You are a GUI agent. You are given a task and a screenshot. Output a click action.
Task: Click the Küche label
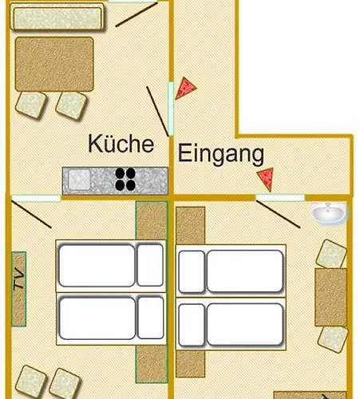coord(120,145)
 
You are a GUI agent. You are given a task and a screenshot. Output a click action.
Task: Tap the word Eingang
coord(221,154)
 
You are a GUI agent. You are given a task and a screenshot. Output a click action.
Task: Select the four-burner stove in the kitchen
coord(125,179)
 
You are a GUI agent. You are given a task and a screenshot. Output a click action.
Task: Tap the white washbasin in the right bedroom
coord(329,213)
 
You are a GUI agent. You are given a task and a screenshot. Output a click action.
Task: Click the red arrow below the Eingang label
coord(267,178)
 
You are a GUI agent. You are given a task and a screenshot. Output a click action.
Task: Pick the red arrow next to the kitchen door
coord(186,87)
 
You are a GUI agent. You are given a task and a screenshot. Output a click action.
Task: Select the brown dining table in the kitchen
coord(53,64)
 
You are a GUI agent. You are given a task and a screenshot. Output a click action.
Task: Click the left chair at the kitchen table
coord(32,104)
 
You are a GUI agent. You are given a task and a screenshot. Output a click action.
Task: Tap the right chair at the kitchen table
coord(71,104)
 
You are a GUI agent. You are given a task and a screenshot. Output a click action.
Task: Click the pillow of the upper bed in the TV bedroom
coord(149,265)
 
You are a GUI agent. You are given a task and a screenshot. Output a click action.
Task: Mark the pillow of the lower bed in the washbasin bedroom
coord(190,323)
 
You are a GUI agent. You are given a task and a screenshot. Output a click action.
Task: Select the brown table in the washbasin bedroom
coord(330,297)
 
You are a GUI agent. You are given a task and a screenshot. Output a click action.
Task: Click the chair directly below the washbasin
coord(330,254)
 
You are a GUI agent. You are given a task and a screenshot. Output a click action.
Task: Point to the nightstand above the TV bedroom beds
coord(151,221)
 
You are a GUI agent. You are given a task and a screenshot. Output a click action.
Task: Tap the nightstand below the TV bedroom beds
coord(151,364)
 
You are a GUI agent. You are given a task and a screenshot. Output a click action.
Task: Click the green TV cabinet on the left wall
coord(18,289)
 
